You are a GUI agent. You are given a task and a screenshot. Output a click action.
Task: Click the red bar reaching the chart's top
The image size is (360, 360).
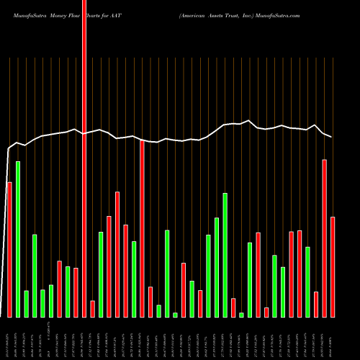84,158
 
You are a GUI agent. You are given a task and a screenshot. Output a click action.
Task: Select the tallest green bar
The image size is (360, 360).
18,239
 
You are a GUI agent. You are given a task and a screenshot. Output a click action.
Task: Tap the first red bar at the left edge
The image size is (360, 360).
9,249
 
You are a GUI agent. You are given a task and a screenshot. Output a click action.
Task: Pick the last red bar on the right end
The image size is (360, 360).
333,266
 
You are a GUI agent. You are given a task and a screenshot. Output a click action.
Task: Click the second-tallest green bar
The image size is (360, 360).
225,255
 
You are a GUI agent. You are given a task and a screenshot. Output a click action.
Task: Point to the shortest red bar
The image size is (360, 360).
266,312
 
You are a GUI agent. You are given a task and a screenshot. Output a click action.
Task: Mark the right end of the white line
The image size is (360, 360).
332,137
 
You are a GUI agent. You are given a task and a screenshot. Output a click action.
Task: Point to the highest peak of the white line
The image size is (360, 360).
249,120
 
